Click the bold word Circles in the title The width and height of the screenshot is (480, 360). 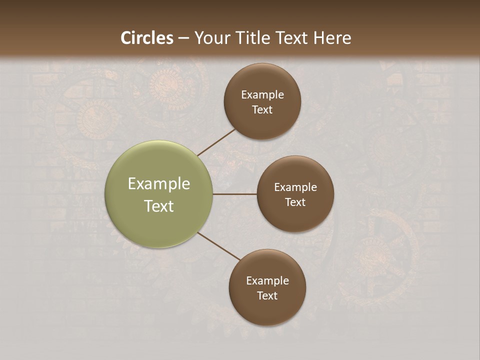tap(147, 38)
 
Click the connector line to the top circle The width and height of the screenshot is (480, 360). tap(217, 142)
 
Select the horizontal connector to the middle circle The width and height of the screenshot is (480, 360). tap(234, 194)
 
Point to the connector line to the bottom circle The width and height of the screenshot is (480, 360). tap(219, 246)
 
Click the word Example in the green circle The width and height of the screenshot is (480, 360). tap(159, 184)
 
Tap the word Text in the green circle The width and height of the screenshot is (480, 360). tap(159, 206)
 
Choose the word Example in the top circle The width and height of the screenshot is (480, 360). tap(262, 95)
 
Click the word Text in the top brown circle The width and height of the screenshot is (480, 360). tap(262, 110)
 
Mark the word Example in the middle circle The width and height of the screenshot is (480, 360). tap(295, 187)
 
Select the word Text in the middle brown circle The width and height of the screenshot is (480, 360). tap(295, 202)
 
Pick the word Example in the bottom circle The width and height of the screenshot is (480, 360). tap(267, 281)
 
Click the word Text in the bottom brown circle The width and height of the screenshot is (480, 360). tap(267, 296)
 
